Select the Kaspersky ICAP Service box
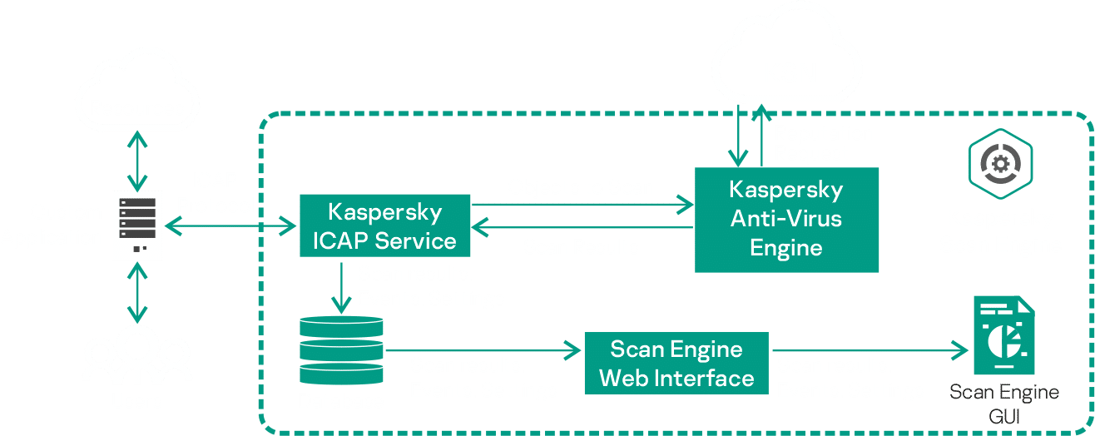coord(384,225)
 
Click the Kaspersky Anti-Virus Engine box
coord(786,219)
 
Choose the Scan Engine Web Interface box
coord(676,363)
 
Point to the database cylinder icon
coord(341,350)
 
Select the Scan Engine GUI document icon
coord(1003,339)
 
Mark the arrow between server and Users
coord(136,291)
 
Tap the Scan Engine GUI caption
coord(1004,403)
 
